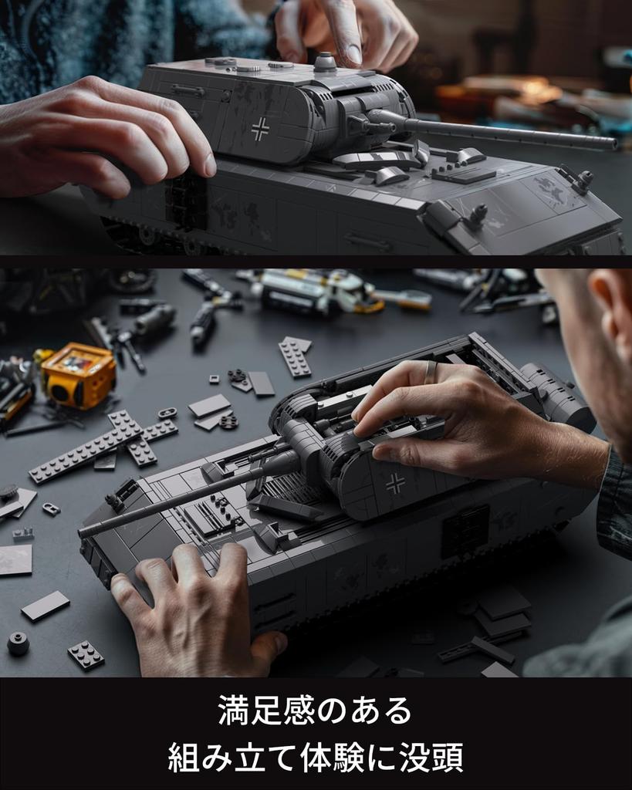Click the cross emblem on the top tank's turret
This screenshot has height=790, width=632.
coord(260,129)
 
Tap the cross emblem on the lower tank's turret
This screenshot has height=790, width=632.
coord(395,483)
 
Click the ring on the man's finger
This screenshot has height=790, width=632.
coord(430,373)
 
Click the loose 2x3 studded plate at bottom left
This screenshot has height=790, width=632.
coord(86,655)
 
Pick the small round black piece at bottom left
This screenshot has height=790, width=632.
coord(18,643)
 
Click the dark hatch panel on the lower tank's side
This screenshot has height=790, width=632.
coord(465,532)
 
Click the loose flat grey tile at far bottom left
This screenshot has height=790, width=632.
coord(45,606)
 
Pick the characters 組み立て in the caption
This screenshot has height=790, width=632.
coord(232,758)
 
